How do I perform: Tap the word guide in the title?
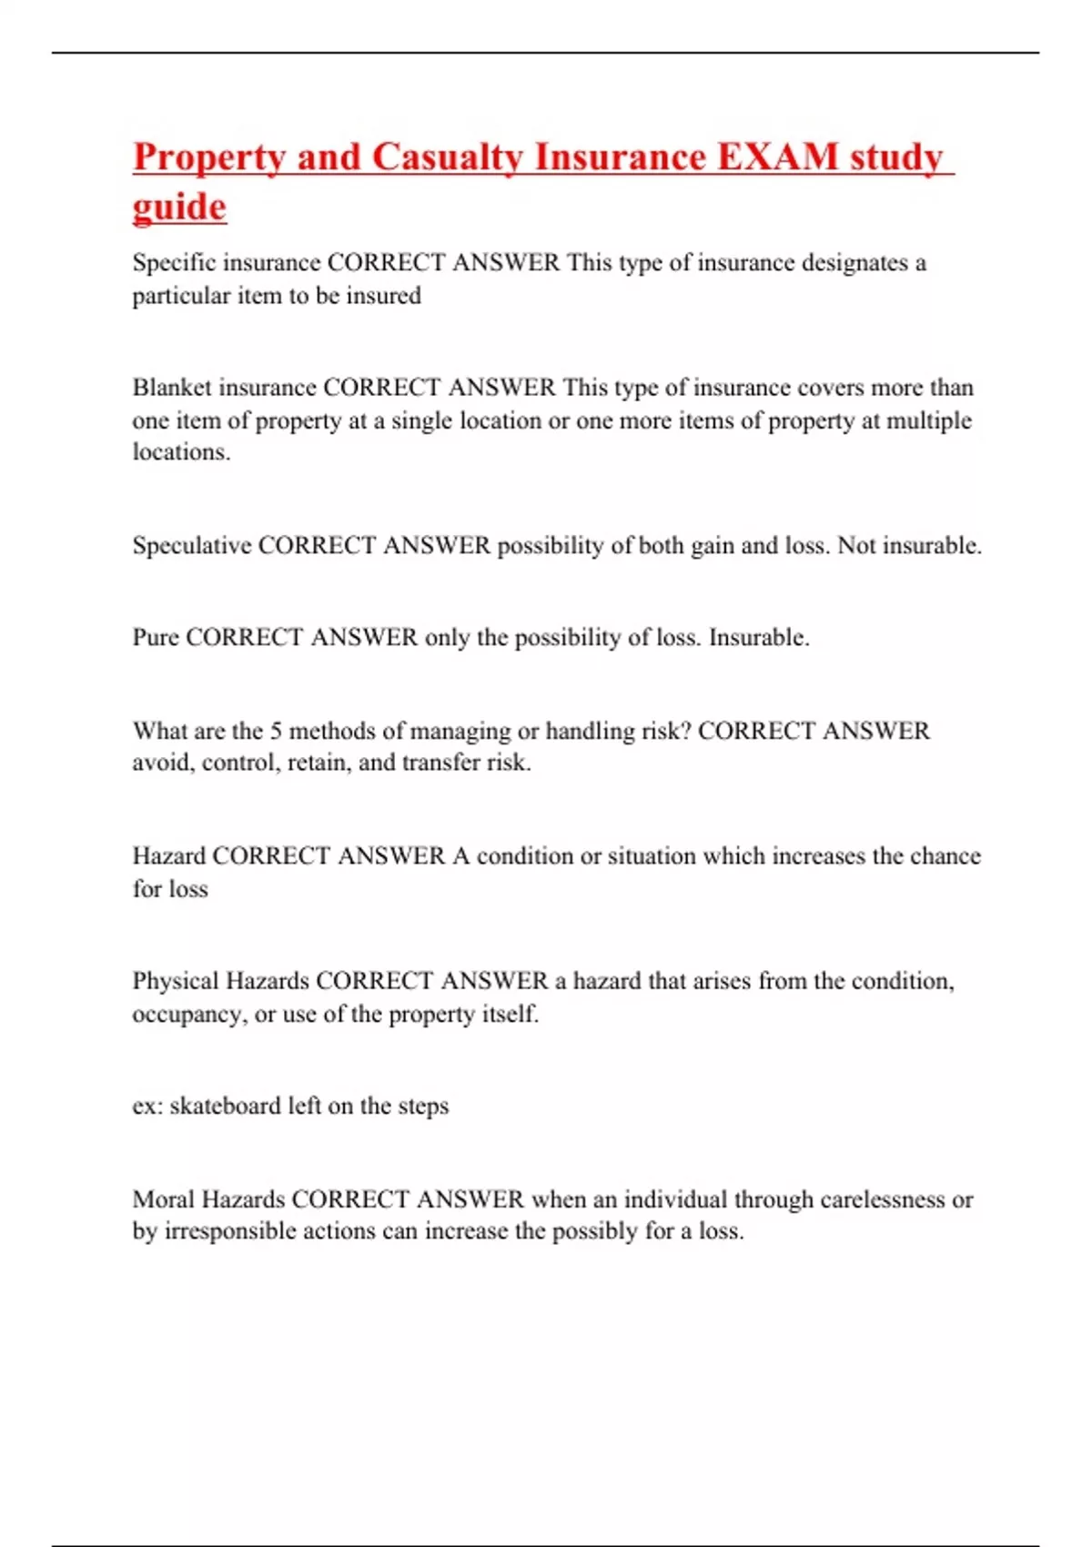click(x=179, y=207)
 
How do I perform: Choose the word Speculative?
click(x=191, y=546)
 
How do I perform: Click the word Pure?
click(x=156, y=637)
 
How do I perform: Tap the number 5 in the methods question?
click(x=276, y=731)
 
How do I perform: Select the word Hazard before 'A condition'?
click(x=168, y=856)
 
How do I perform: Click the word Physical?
click(x=175, y=981)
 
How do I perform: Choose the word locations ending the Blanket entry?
click(x=179, y=452)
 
